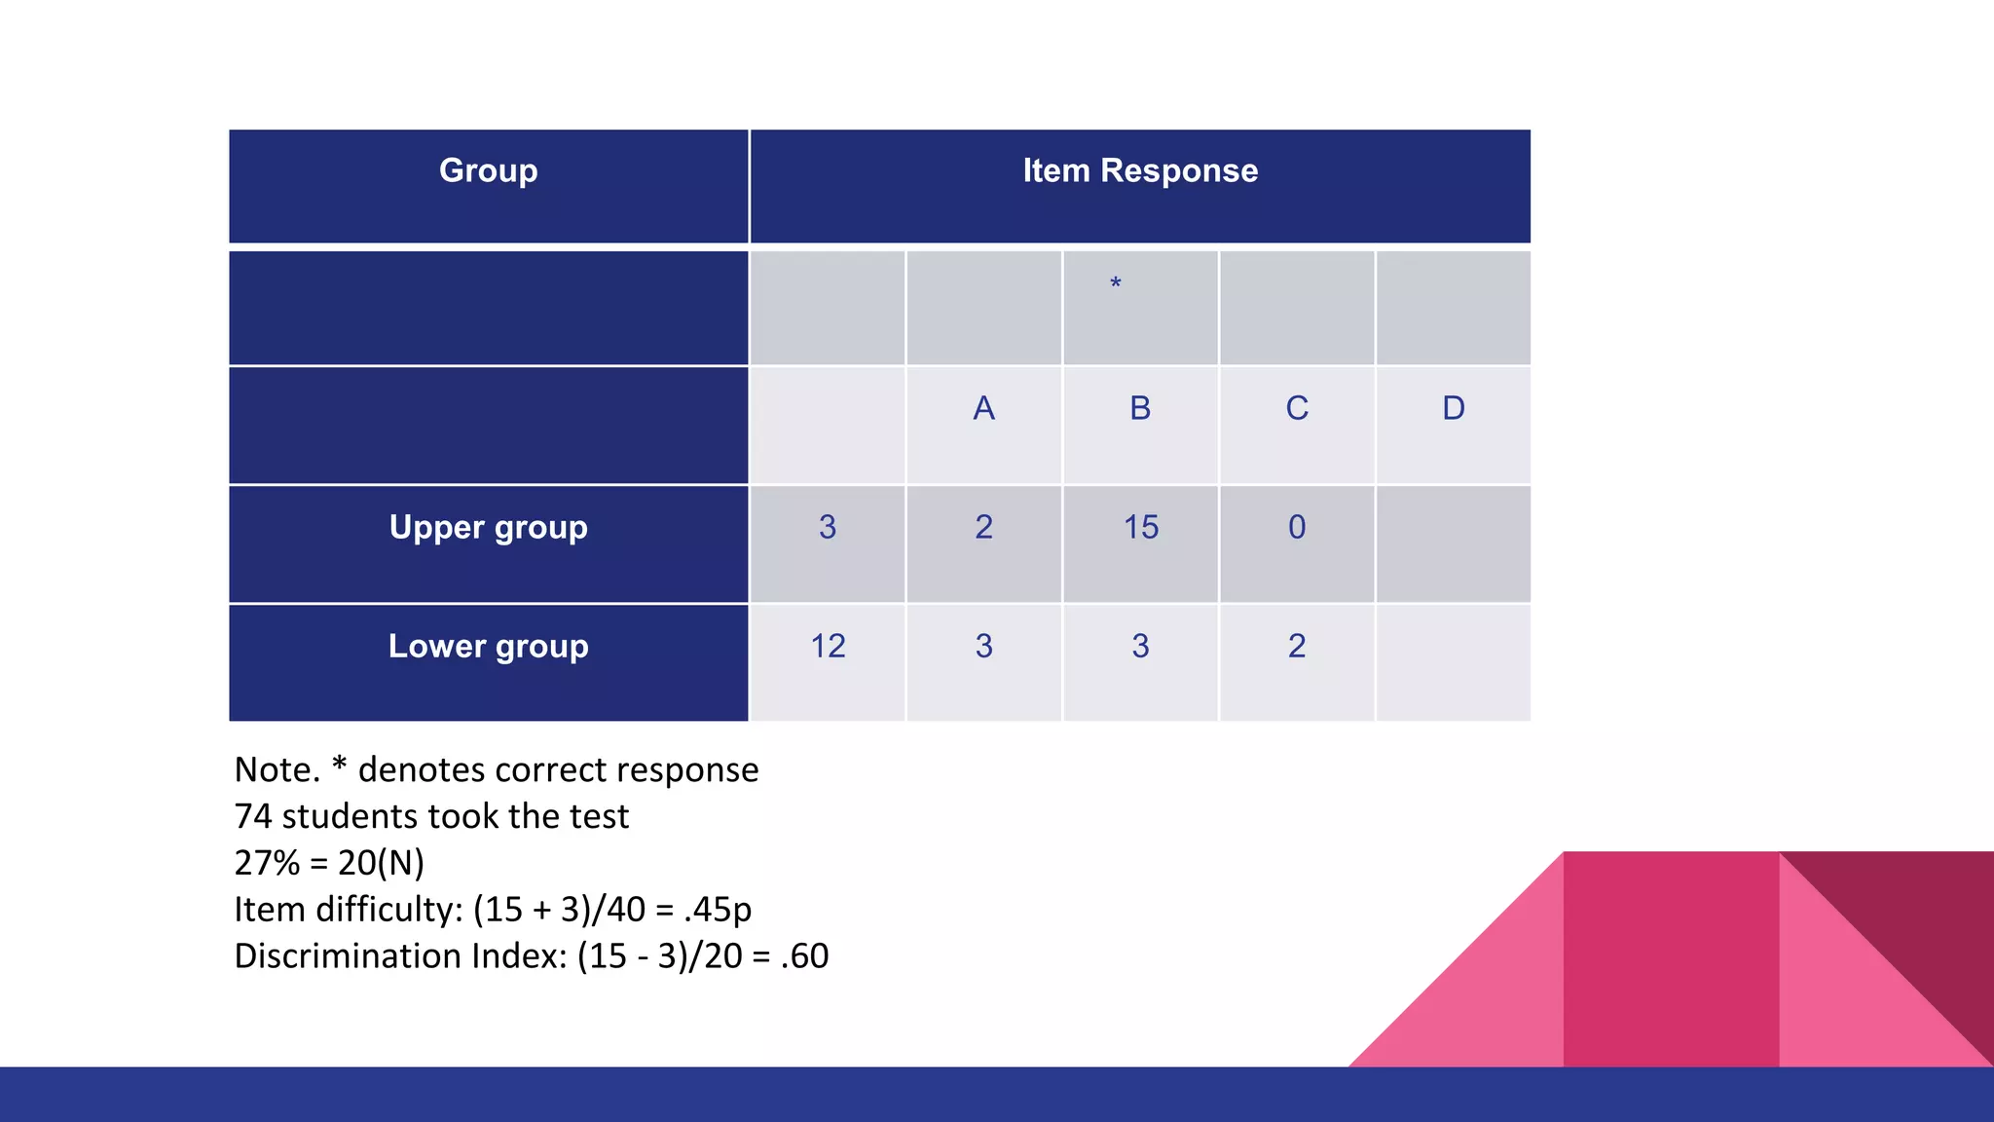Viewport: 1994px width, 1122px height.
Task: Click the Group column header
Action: click(488, 170)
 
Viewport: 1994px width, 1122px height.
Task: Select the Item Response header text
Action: click(1140, 170)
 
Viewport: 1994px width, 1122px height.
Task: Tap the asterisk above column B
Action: click(1116, 283)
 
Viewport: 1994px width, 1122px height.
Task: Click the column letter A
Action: click(983, 408)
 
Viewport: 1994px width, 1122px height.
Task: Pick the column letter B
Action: click(1140, 408)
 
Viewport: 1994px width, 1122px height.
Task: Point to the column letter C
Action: click(1297, 408)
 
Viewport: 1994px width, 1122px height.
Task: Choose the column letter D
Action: click(1453, 408)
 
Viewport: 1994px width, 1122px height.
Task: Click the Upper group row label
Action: click(488, 527)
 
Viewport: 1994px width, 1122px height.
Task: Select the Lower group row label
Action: click(488, 646)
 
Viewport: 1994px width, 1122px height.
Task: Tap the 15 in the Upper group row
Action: click(1141, 527)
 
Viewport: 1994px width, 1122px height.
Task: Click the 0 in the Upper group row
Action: click(1297, 527)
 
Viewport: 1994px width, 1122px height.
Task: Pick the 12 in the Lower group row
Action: click(828, 646)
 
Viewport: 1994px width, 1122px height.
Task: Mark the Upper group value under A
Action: click(983, 527)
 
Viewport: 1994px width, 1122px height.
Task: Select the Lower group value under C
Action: click(1297, 646)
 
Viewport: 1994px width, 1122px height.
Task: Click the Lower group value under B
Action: click(1140, 646)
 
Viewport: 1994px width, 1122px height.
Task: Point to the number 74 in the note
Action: click(252, 816)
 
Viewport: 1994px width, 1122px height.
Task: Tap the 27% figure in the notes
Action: click(267, 863)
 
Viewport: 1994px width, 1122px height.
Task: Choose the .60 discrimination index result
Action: click(804, 956)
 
